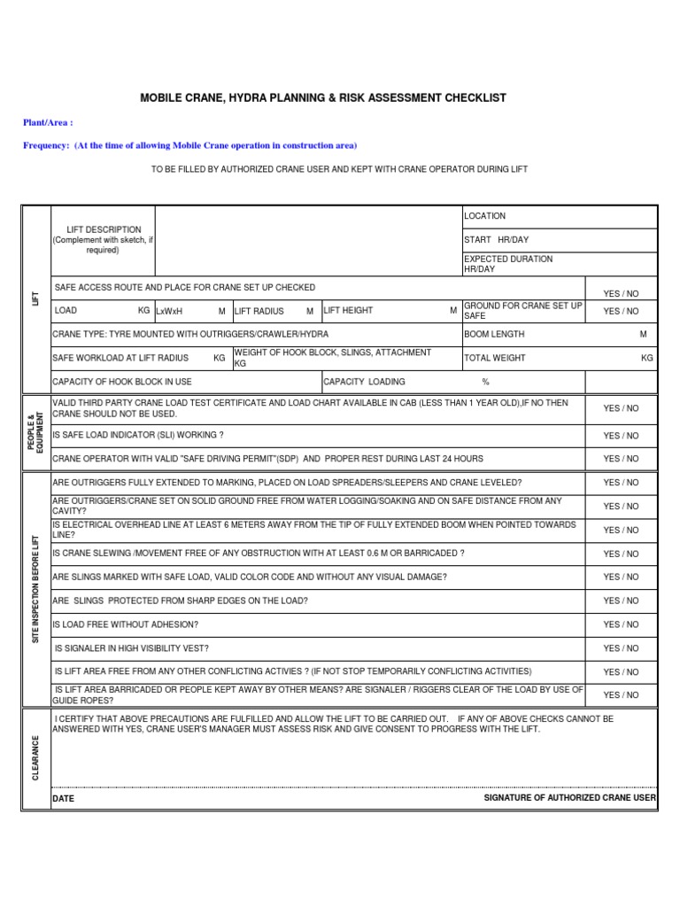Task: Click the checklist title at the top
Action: click(x=323, y=97)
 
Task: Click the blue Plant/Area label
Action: click(x=48, y=122)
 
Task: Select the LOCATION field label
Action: click(x=485, y=216)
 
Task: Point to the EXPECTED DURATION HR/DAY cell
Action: click(x=508, y=263)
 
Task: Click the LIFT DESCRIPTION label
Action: click(x=103, y=229)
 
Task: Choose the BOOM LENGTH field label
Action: click(x=494, y=335)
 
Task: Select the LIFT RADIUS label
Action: click(x=259, y=311)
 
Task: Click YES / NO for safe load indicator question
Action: click(x=621, y=436)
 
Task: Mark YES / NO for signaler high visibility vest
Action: click(x=621, y=648)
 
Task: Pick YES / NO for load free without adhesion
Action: click(x=621, y=624)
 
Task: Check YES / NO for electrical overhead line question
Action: click(x=621, y=530)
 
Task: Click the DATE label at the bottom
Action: click(x=64, y=799)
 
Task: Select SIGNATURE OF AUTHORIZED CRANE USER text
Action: click(x=569, y=798)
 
